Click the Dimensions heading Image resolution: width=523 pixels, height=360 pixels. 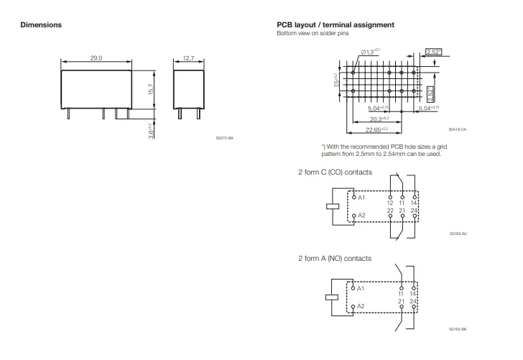click(41, 25)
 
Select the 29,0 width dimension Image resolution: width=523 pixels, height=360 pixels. click(96, 57)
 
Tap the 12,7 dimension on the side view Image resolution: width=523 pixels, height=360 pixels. click(189, 57)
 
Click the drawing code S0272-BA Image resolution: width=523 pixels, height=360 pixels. click(225, 137)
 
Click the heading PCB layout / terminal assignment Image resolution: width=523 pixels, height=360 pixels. click(335, 25)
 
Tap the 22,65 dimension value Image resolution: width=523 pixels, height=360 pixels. click(376, 129)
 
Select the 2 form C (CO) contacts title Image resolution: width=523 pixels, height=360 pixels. click(334, 173)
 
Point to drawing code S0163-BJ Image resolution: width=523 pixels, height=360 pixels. click(458, 234)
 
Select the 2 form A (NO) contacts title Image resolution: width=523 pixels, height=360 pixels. click(335, 257)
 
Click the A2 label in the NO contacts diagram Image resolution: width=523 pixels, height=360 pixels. click(361, 305)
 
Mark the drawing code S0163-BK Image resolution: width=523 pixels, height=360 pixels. click(458, 328)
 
